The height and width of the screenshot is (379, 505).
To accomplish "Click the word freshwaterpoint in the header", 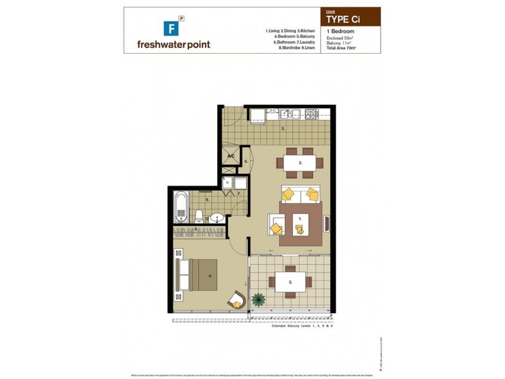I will [173, 44].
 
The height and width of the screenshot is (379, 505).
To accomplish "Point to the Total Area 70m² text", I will [345, 48].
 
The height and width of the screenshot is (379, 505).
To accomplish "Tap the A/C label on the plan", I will [230, 156].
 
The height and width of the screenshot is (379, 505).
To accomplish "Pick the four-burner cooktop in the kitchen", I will [312, 114].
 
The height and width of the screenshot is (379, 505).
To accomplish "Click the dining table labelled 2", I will [301, 162].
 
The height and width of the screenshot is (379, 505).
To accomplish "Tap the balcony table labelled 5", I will [290, 282].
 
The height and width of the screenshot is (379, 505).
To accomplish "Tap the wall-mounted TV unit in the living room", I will [327, 224].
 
